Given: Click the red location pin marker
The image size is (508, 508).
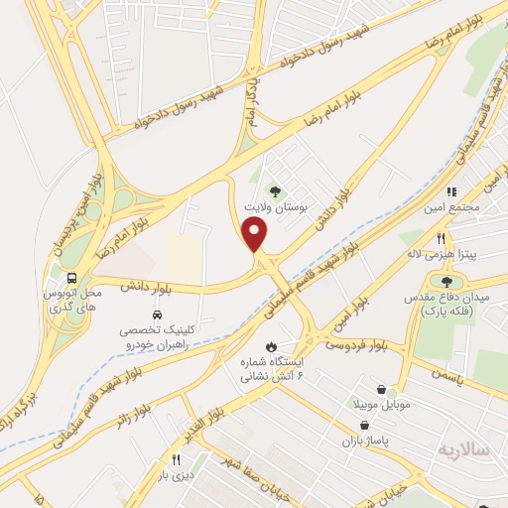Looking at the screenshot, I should (256, 234).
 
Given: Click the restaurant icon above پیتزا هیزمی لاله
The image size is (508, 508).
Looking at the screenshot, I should (442, 238).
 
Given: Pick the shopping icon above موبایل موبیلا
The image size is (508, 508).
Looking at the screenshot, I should (382, 389).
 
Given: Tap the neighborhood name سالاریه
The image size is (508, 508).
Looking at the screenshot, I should (464, 449).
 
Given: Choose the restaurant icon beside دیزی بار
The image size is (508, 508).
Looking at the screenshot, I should (177, 458).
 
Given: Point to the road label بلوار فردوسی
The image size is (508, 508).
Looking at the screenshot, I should (353, 345).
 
